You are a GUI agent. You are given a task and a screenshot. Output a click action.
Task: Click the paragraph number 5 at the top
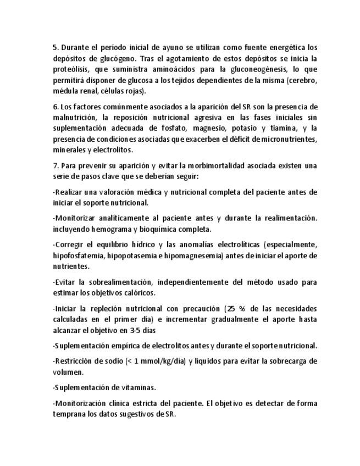pos(55,47)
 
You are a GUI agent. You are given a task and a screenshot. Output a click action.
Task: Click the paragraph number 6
pos(55,107)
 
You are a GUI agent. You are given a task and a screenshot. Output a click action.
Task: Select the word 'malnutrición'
pos(73,118)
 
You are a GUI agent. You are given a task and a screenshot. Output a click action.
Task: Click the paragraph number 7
pos(55,165)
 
